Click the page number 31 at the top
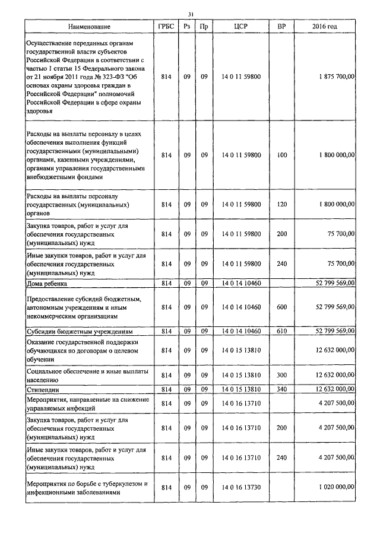(190, 14)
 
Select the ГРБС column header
(166, 27)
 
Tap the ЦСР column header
(240, 27)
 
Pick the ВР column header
(281, 27)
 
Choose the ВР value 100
(281, 155)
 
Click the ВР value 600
(281, 307)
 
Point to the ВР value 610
(281, 331)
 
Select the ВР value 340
(281, 389)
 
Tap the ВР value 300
(281, 375)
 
